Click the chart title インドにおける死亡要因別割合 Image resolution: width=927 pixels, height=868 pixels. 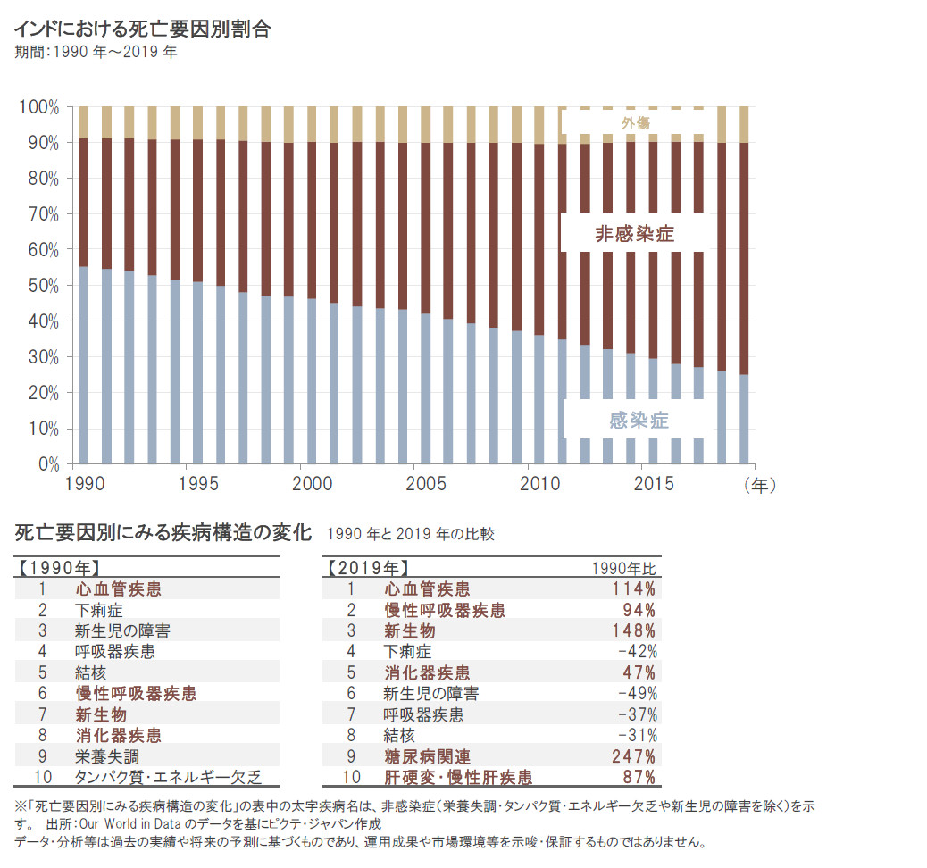(143, 29)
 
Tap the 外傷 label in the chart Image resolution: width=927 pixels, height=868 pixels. (636, 122)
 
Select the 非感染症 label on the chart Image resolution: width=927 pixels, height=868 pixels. (634, 235)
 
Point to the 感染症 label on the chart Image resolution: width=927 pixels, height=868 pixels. (639, 421)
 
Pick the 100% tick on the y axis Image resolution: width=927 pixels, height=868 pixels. (39, 107)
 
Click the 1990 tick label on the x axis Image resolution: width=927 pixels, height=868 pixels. (87, 483)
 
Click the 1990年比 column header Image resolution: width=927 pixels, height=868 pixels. (625, 568)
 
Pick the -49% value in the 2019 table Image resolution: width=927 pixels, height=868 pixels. (637, 693)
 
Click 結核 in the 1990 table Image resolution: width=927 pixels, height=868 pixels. (91, 672)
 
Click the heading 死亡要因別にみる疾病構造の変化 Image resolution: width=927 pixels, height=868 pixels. (163, 534)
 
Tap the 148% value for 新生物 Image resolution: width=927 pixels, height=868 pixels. (634, 630)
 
